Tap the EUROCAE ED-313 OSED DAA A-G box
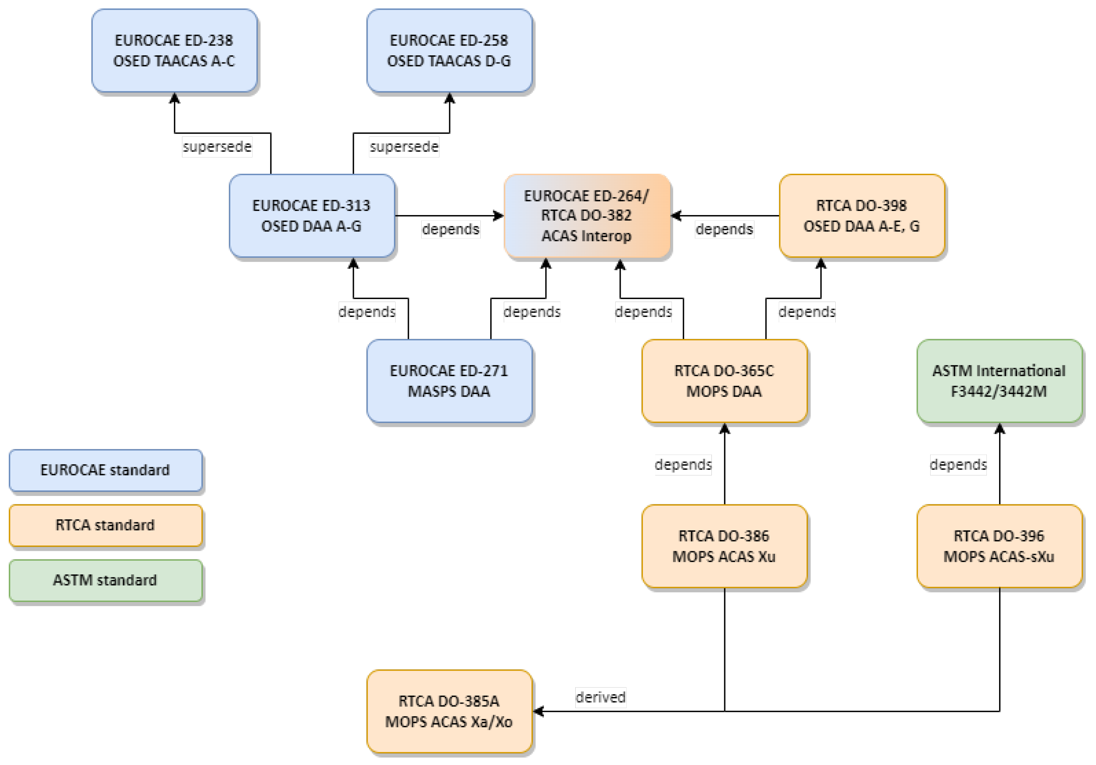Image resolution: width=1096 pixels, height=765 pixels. point(312,215)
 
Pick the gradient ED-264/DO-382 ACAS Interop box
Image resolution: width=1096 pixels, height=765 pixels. point(587,215)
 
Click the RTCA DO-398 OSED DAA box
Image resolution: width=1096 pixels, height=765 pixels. point(862,215)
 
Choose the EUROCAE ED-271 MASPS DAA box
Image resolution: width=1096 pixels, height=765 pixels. point(449,381)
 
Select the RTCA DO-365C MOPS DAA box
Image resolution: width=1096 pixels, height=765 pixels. point(724,381)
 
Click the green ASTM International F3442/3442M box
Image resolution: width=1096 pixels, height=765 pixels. point(999,381)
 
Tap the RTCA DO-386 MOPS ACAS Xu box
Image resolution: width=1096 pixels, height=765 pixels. point(724,546)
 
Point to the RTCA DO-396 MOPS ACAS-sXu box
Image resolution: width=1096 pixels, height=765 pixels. point(999,546)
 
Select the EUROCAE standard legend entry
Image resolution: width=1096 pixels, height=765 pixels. point(106,470)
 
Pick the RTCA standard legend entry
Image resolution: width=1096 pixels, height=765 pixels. point(106,525)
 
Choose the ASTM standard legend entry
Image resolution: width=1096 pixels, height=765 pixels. point(106,580)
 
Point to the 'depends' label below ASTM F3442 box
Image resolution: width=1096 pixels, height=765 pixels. point(958,464)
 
